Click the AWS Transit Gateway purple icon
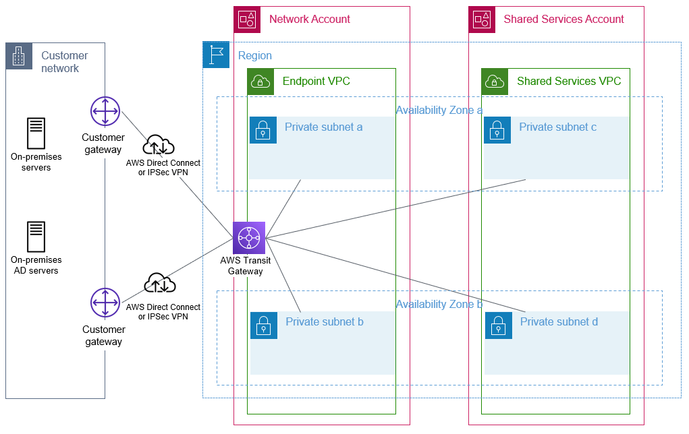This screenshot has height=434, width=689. pos(249,238)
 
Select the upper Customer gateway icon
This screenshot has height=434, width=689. pos(105,111)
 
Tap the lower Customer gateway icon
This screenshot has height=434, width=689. pos(105,303)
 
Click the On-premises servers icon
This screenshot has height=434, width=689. pos(36,133)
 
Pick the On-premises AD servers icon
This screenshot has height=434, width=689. pos(36,237)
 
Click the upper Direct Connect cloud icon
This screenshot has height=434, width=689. pos(159,146)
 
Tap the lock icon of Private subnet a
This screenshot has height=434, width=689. pos(263,130)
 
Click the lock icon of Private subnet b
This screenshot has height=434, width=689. pos(264,325)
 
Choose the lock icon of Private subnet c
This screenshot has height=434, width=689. pos(497,130)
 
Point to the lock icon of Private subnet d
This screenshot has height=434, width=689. pos(498,325)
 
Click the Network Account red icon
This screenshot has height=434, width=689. pos(247,20)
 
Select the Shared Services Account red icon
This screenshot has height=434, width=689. pos(482,20)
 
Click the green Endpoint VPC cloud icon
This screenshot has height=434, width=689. pos(260,82)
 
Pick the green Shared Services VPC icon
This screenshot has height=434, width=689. pos(495,82)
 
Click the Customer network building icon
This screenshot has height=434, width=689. pos(20,57)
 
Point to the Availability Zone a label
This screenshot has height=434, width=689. pos(439,110)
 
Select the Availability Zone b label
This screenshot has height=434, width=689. pos(439,305)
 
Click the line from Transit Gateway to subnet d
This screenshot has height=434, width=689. pos(395,275)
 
